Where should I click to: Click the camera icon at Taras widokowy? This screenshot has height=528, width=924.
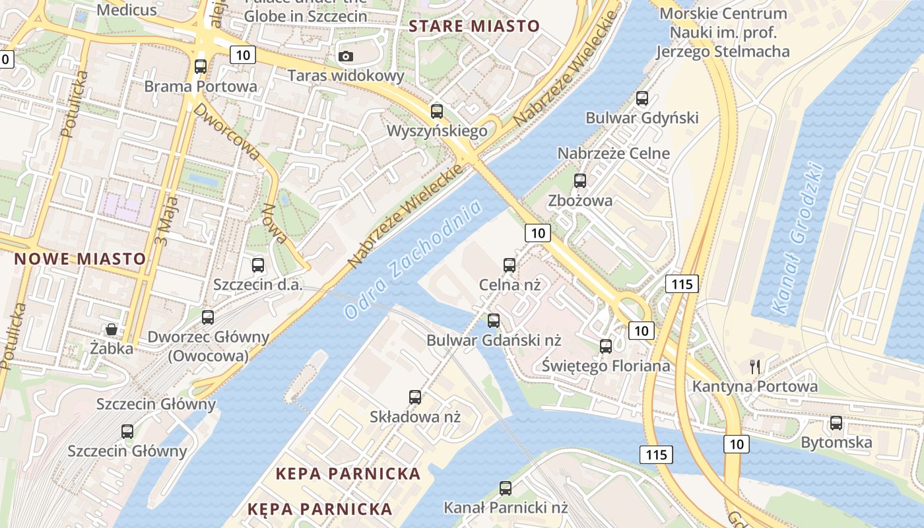[346, 56]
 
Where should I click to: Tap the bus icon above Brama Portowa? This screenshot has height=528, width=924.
[201, 67]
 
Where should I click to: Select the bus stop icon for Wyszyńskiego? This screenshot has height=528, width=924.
[436, 111]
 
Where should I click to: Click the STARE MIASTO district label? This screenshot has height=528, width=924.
[474, 26]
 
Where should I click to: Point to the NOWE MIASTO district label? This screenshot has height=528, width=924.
[80, 259]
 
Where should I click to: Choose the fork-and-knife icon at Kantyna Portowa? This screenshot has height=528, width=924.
[755, 367]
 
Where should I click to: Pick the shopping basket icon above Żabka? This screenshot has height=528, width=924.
[112, 329]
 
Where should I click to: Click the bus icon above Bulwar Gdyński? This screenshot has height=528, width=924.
[642, 98]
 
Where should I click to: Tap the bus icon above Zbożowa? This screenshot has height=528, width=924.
[580, 180]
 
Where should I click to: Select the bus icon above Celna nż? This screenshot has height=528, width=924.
[510, 265]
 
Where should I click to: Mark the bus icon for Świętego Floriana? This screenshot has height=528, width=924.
[606, 346]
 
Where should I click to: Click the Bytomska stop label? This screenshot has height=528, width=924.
[836, 442]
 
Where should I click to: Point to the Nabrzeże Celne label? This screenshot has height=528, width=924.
[613, 153]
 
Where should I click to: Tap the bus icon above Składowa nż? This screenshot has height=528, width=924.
[415, 397]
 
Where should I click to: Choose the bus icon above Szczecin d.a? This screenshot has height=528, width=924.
[258, 265]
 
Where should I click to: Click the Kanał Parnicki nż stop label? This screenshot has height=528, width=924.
[506, 508]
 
